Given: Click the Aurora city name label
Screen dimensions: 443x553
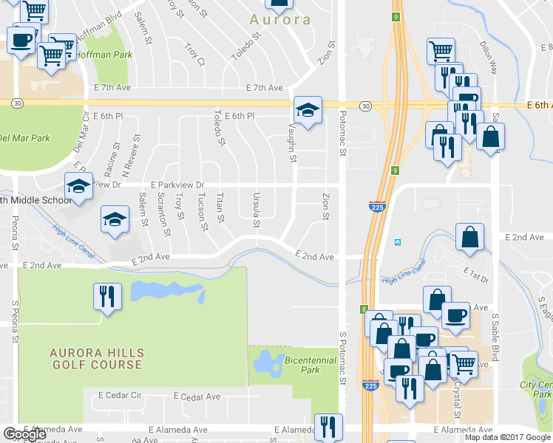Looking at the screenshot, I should tap(279, 20).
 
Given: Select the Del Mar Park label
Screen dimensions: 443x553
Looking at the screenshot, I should tap(24, 138).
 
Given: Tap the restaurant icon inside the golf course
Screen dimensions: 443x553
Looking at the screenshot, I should tap(107, 297).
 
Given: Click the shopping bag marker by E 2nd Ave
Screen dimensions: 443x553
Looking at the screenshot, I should tap(469, 237).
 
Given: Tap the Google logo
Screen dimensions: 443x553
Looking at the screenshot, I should tap(24, 435).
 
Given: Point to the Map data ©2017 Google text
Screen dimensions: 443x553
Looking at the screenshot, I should tap(507, 437).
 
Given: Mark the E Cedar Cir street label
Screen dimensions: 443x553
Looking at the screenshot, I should tap(120, 396).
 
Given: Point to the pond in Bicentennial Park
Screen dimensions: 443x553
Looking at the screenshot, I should tap(262, 363).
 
